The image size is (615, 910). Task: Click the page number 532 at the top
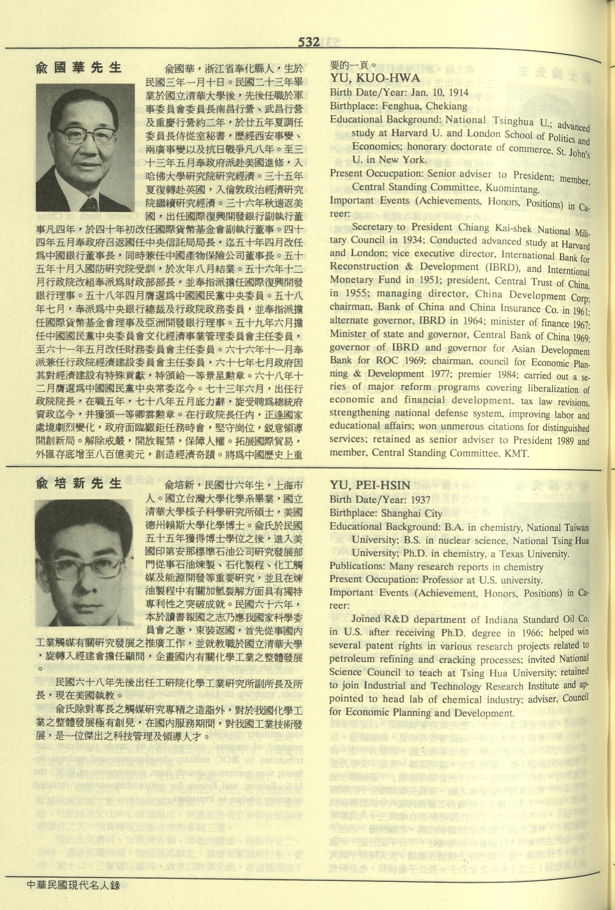point(309,42)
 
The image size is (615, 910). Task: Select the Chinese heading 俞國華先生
point(78,68)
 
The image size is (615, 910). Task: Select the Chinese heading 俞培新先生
point(78,484)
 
